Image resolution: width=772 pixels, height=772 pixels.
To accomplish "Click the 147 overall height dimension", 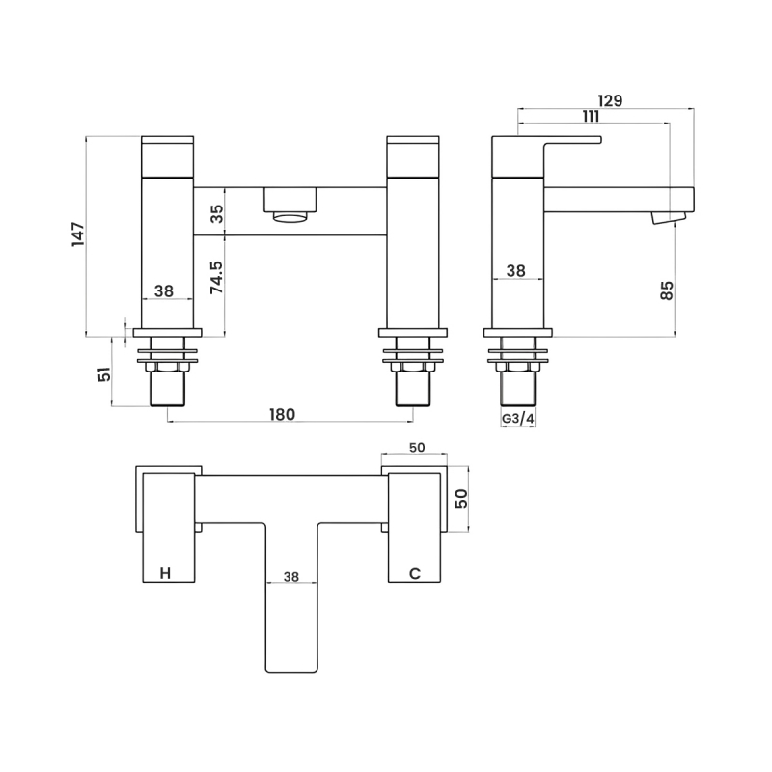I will click(78, 235).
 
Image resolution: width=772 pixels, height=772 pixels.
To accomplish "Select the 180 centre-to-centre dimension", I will click(281, 414).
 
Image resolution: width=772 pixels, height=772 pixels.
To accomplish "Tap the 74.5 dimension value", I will click(217, 277).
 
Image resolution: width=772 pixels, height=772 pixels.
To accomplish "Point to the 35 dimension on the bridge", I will click(217, 212).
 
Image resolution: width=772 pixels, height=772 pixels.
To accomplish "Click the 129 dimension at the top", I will click(609, 100).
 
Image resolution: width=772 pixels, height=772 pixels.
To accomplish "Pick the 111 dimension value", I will click(592, 117).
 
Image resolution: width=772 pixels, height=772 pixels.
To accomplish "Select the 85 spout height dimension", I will click(666, 290).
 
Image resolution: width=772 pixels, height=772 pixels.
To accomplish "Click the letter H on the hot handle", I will click(165, 573).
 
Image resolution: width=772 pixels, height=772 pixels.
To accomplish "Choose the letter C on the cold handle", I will click(415, 573).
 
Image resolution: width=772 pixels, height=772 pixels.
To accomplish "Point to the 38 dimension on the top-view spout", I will click(291, 576).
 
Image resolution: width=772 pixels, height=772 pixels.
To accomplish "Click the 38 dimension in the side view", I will click(516, 271).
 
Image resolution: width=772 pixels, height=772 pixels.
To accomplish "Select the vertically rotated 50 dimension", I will click(461, 498).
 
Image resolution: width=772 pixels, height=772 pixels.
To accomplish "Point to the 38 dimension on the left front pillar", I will click(164, 289).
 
